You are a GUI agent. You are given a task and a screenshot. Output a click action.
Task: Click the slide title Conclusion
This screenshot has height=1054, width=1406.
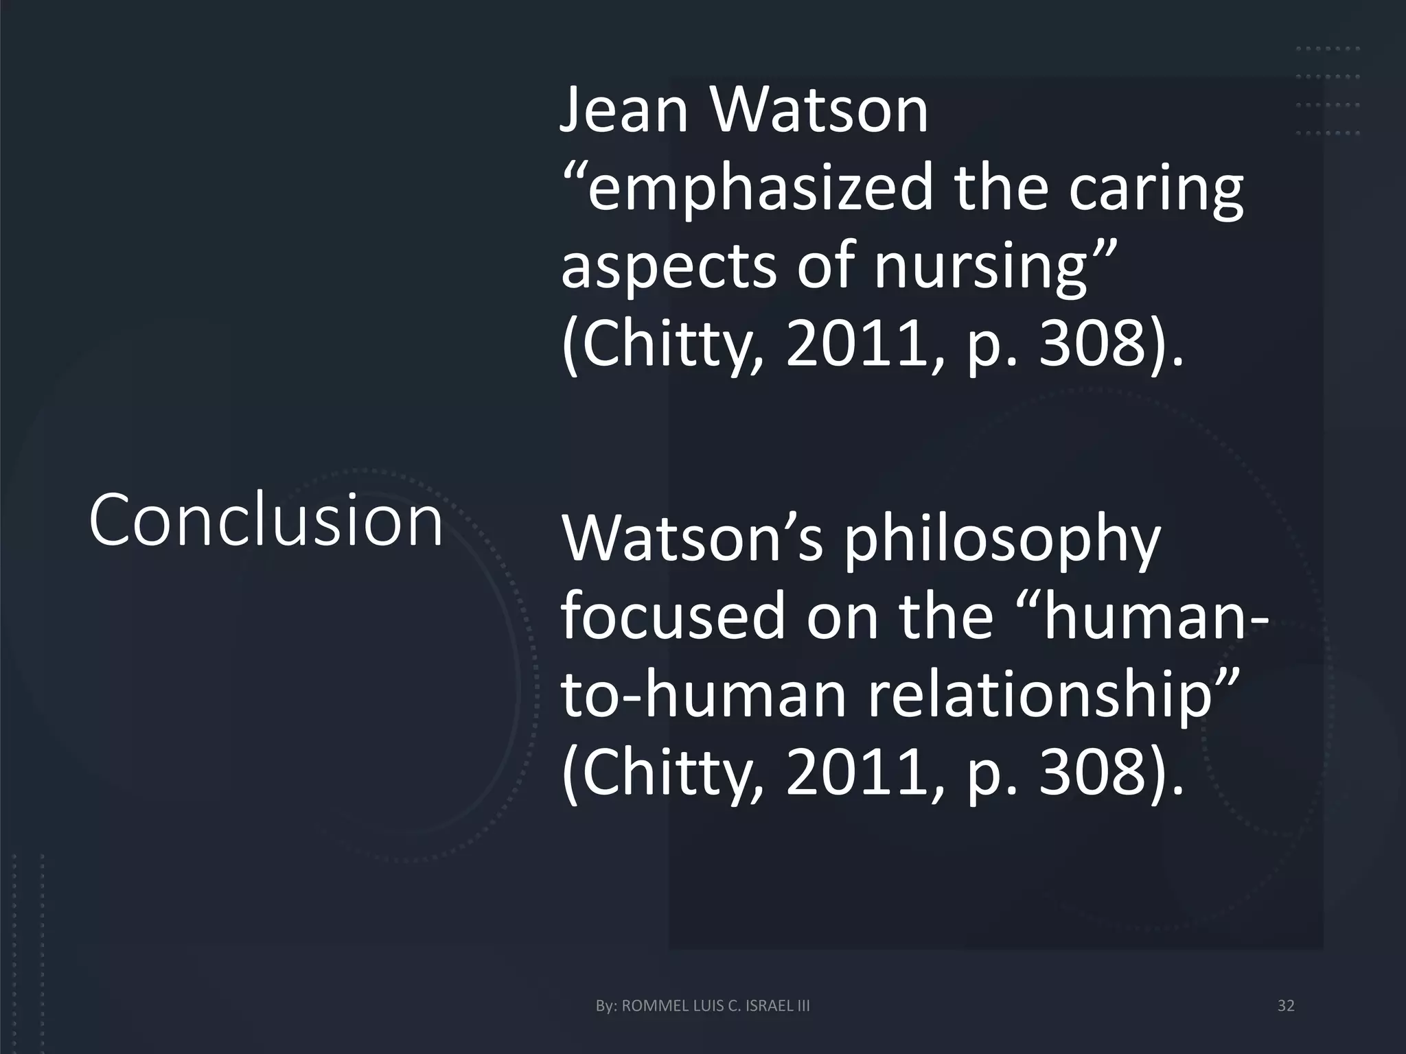tap(266, 520)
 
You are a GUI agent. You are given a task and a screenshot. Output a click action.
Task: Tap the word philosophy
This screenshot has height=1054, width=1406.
tap(1002, 539)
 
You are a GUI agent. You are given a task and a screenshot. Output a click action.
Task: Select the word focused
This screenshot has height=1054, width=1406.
tap(673, 616)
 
